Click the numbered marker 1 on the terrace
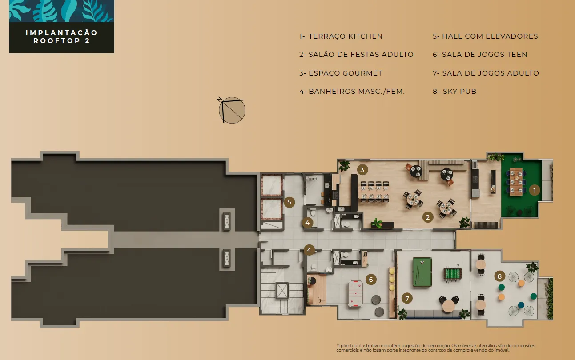(x=535, y=190)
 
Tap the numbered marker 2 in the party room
(x=428, y=217)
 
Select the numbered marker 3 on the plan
(x=362, y=170)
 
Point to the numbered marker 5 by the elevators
(x=290, y=202)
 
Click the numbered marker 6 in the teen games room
(x=371, y=280)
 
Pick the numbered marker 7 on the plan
(x=407, y=298)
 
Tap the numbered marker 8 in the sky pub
(x=499, y=276)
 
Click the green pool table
(x=422, y=272)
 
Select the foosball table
(x=453, y=273)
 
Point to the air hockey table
(x=355, y=294)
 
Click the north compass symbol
(x=232, y=110)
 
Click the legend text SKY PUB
(x=459, y=92)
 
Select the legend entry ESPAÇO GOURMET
(x=346, y=73)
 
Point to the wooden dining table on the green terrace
(x=516, y=181)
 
